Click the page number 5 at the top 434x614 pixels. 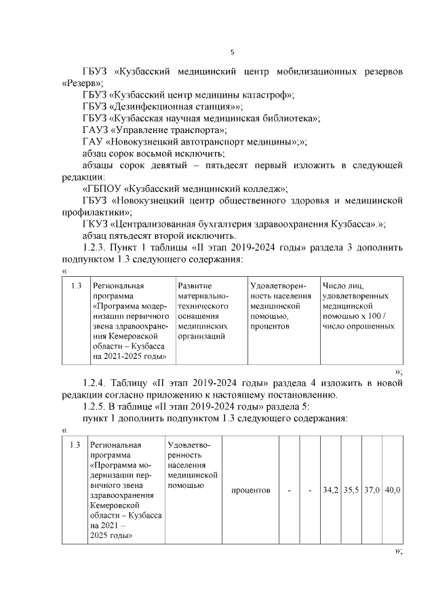click(233, 52)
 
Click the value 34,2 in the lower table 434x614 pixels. click(330, 489)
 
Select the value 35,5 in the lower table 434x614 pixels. click(351, 489)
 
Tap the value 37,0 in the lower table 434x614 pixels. click(372, 489)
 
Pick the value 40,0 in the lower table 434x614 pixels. click(393, 489)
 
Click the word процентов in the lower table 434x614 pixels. click(250, 489)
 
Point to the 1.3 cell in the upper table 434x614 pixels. click(76, 286)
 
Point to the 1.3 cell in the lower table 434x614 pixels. click(75, 444)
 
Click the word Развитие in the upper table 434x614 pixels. click(195, 286)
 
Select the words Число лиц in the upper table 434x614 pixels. click(344, 286)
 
